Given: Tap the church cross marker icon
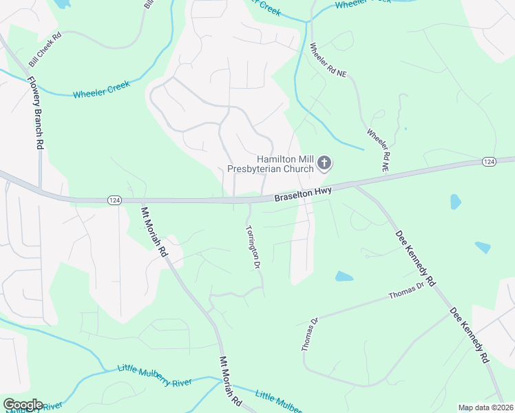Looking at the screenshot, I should tap(324, 164).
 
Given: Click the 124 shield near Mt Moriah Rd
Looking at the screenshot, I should tap(115, 200).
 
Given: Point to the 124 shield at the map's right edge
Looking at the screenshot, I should tap(488, 161).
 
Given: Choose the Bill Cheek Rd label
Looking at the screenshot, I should tap(45, 52).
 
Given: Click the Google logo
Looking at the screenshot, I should tap(23, 405).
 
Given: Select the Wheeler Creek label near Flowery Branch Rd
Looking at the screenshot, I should tap(101, 89).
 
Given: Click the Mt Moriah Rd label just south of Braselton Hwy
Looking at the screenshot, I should tap(154, 232).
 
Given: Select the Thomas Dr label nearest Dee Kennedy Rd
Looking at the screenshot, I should tap(406, 292).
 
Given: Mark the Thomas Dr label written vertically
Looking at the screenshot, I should tap(308, 334).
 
